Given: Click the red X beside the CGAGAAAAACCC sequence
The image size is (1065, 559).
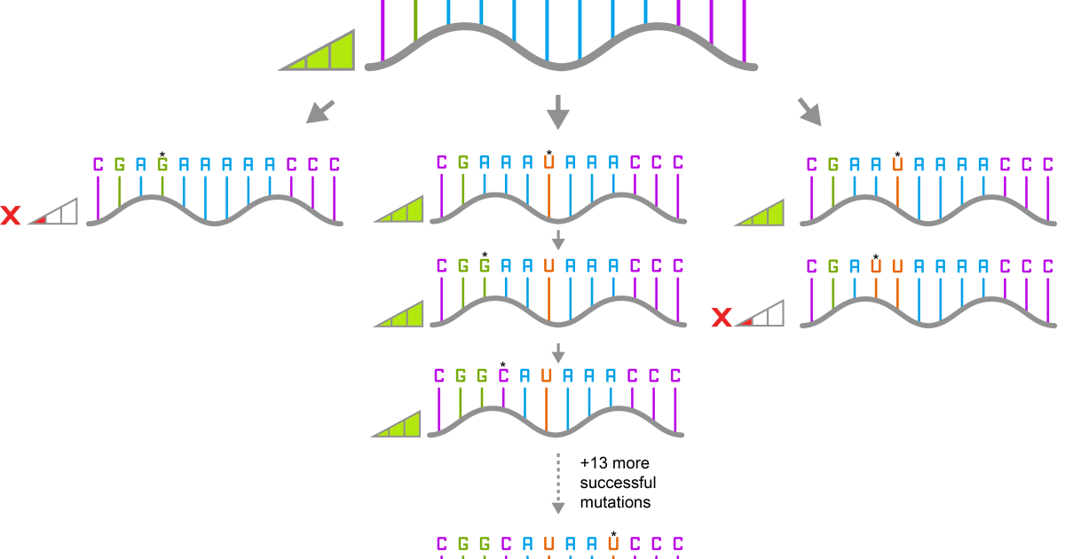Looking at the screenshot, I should point(10,215).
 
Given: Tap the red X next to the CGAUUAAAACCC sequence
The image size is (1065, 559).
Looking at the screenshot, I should point(722,317).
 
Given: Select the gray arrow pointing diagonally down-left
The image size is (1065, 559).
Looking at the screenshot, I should point(319,112).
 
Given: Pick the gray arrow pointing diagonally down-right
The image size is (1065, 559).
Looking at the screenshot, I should point(809,112).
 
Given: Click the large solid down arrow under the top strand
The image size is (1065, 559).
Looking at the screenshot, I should point(557,112).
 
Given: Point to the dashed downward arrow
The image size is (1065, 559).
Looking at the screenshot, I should point(557,484).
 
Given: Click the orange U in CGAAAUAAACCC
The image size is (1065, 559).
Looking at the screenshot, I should point(548,162).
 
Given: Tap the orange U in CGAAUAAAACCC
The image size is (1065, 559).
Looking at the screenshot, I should point(897,164).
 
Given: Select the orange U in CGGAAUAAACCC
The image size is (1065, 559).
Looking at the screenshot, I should point(548,266).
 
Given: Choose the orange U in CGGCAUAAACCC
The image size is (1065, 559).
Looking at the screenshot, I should point(546,375).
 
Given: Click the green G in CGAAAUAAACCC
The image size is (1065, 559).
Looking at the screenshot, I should point(462,162).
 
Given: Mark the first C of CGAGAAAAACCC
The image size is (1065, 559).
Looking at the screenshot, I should point(98,164).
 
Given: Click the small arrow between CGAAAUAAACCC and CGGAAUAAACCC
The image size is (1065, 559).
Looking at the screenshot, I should point(557,240).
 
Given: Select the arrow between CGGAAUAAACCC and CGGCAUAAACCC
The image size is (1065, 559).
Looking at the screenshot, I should point(557,352).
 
